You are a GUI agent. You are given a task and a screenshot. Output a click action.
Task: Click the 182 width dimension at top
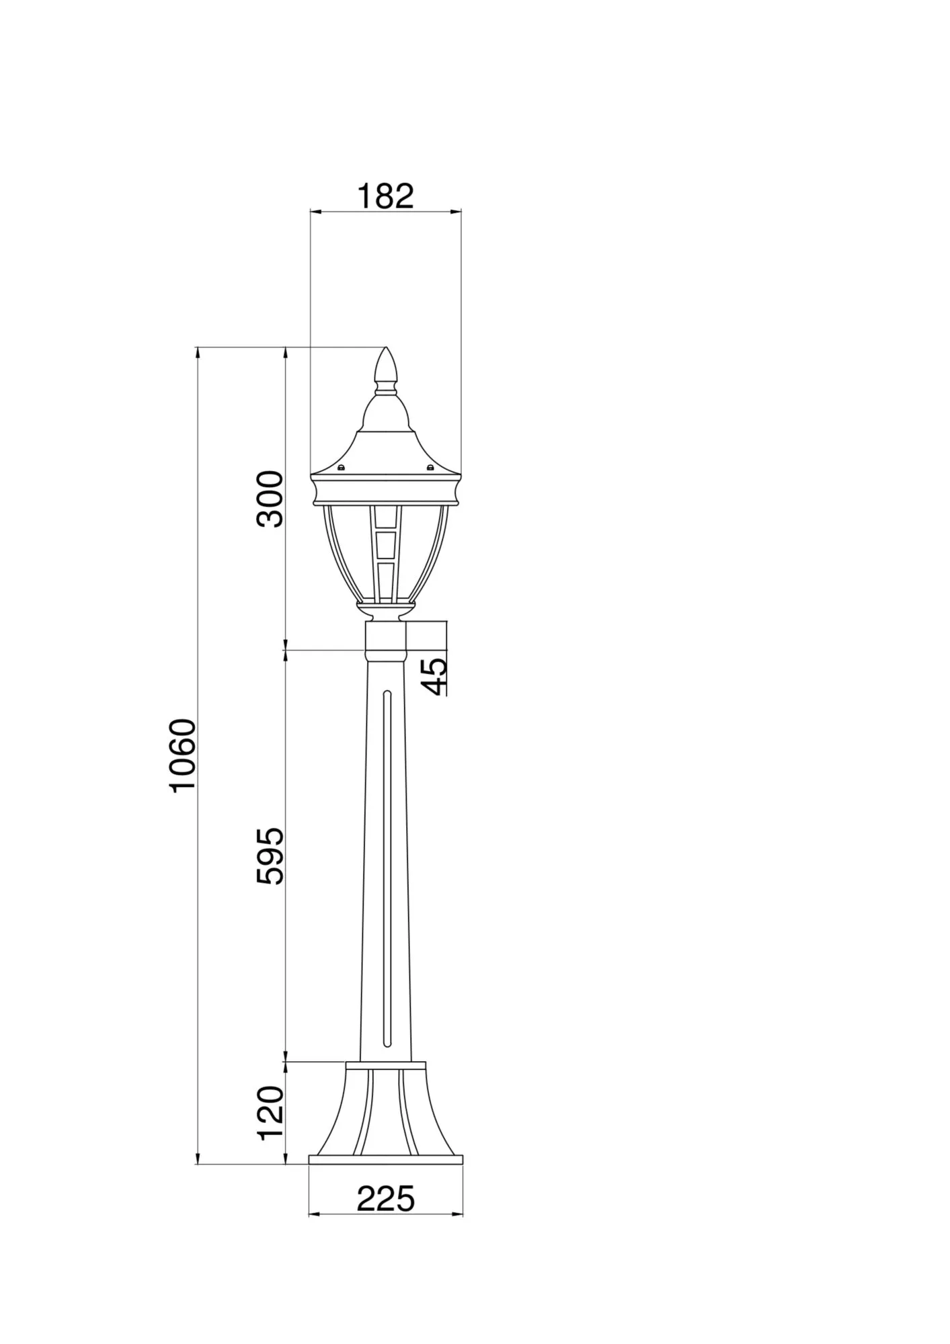(x=385, y=196)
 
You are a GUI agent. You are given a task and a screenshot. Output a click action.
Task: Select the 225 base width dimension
(x=385, y=1198)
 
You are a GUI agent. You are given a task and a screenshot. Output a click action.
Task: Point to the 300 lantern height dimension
(x=272, y=499)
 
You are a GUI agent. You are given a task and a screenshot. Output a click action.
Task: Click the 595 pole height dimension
(x=272, y=855)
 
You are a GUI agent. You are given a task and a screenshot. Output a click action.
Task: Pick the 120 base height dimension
(x=272, y=1112)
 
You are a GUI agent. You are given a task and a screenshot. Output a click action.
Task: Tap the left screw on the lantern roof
(x=341, y=468)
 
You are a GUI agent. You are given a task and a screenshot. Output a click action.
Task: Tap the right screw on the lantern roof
(x=430, y=468)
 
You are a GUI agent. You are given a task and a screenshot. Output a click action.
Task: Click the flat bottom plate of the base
(x=386, y=1159)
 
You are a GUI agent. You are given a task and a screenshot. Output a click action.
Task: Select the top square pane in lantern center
(x=386, y=518)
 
